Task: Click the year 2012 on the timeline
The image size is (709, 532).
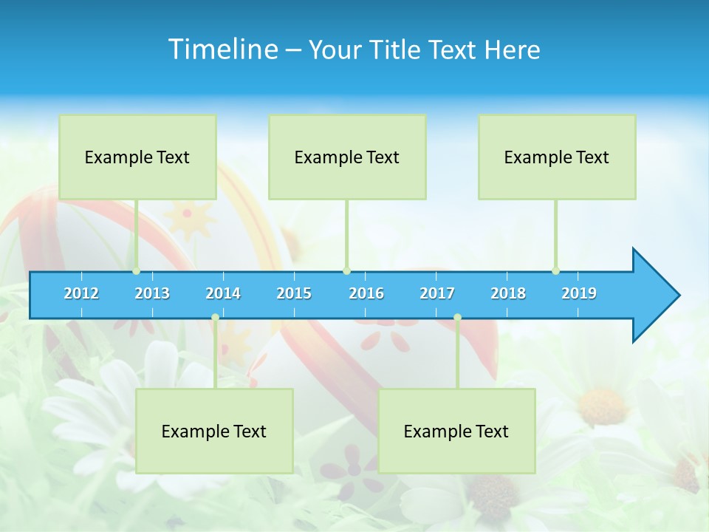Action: pyautogui.click(x=81, y=293)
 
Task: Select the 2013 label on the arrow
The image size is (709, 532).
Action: pyautogui.click(x=152, y=293)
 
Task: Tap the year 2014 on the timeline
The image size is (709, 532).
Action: pyautogui.click(x=223, y=293)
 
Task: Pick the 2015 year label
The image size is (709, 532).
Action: pyautogui.click(x=294, y=293)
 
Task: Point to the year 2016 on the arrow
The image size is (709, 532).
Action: pyautogui.click(x=366, y=293)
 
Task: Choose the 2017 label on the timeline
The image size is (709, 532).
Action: pyautogui.click(x=437, y=293)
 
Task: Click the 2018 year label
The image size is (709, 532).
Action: pyautogui.click(x=508, y=293)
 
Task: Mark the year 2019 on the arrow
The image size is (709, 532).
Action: pyautogui.click(x=579, y=293)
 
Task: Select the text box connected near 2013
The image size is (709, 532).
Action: pyautogui.click(x=137, y=157)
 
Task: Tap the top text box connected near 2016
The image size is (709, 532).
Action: pyautogui.click(x=347, y=157)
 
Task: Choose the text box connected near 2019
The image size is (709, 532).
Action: pyautogui.click(x=557, y=157)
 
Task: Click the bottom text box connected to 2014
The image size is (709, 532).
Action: pyautogui.click(x=214, y=431)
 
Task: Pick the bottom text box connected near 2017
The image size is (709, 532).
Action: pyautogui.click(x=456, y=431)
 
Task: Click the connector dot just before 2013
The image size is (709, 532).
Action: pyautogui.click(x=136, y=271)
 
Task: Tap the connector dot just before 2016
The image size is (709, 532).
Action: pyautogui.click(x=346, y=271)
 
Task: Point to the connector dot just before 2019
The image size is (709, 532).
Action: pyautogui.click(x=555, y=271)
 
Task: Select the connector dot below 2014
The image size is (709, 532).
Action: pyautogui.click(x=215, y=318)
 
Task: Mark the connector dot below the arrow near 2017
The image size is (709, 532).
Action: pyautogui.click(x=457, y=318)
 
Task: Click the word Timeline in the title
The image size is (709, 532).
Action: pyautogui.click(x=222, y=49)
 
